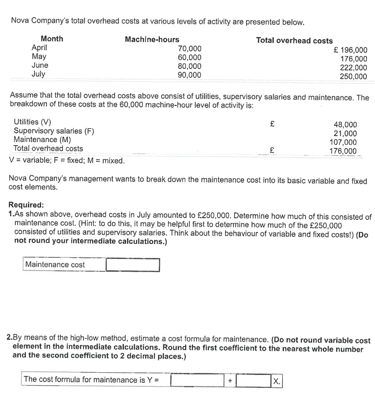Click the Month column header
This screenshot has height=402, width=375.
[52, 38]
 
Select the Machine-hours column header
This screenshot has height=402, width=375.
[152, 39]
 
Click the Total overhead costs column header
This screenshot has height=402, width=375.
[294, 41]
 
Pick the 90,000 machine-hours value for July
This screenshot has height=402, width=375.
[189, 75]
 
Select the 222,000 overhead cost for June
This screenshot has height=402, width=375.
[353, 68]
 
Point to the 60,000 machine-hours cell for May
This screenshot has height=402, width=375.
[189, 58]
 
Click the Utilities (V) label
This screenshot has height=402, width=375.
[32, 122]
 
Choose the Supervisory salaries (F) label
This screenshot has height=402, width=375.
[54, 131]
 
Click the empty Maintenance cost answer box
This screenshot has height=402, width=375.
[133, 265]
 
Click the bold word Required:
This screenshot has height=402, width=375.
[26, 204]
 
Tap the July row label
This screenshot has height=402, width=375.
[38, 74]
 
